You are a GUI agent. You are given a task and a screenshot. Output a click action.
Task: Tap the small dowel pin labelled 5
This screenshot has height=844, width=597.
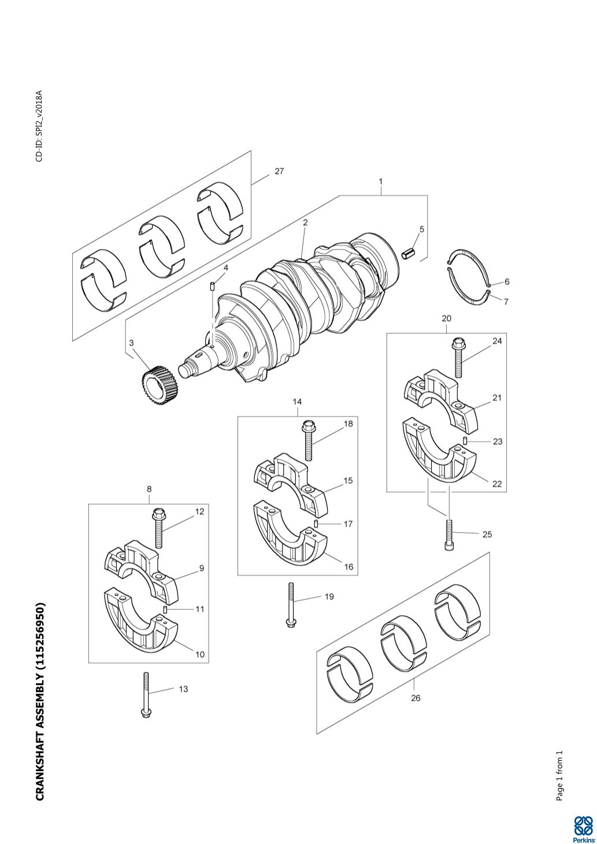pyautogui.click(x=409, y=254)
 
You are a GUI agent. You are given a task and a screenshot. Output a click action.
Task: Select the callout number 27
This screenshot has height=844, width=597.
pyautogui.click(x=279, y=172)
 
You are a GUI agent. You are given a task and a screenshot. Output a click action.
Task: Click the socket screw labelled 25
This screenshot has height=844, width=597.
pyautogui.click(x=448, y=535)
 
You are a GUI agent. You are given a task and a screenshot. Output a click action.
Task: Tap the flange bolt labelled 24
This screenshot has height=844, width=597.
pyautogui.click(x=458, y=358)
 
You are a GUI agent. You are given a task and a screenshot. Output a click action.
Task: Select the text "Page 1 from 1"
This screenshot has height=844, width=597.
pyautogui.click(x=559, y=771)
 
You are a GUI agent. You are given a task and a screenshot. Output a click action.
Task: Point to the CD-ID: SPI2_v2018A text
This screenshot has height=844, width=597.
pyautogui.click(x=39, y=126)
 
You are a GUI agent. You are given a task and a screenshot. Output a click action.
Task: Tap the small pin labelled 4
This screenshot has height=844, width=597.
pyautogui.click(x=212, y=286)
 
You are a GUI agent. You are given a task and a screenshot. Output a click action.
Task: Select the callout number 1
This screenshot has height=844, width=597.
pyautogui.click(x=381, y=181)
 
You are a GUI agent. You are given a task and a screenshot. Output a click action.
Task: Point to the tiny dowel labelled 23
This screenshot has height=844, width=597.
pyautogui.click(x=465, y=440)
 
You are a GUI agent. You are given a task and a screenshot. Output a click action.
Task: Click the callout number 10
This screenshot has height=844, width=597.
pyautogui.click(x=200, y=655)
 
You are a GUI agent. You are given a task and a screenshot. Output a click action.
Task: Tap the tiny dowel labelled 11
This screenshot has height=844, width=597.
pyautogui.click(x=165, y=609)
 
